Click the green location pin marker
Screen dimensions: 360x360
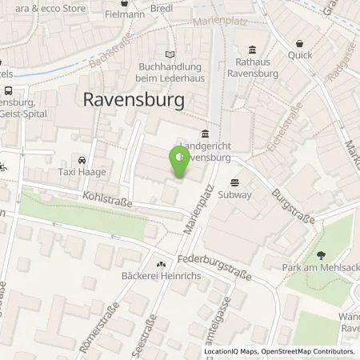(177, 164)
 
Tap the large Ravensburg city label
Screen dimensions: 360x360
(134, 100)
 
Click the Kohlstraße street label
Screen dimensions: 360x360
(104, 197)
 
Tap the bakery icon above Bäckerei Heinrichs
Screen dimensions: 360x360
(161, 265)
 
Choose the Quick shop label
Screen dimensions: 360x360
(301, 56)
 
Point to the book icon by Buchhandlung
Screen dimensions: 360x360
(168, 54)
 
